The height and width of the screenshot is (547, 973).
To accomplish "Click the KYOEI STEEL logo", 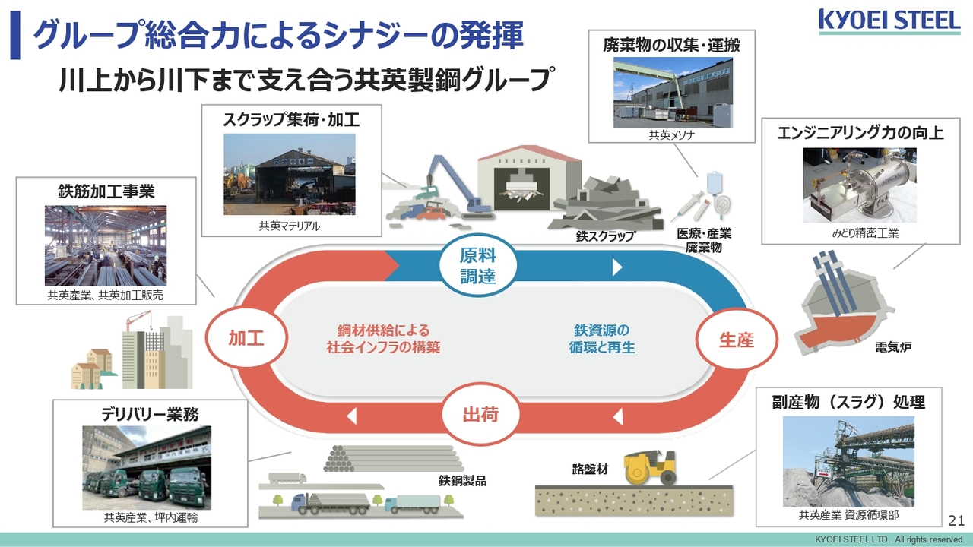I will [889, 21].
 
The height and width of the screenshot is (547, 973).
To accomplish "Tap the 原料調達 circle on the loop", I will [478, 265].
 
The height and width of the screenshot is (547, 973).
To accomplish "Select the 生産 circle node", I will [736, 340].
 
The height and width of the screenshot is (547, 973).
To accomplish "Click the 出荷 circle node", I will [480, 415].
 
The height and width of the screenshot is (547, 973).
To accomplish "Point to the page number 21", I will [956, 520].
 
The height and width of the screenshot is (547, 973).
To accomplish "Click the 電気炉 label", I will [893, 348].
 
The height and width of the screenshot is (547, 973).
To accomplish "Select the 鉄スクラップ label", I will [605, 236].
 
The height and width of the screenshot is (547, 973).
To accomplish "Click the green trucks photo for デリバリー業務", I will [147, 467].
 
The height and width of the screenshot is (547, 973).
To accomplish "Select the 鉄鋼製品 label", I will [462, 480].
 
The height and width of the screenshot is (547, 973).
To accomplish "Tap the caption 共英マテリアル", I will [290, 226].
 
